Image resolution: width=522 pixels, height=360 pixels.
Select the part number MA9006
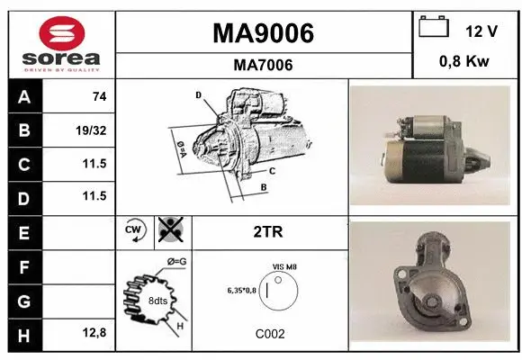pos(263,33)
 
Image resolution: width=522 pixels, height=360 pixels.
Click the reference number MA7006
pos(263,65)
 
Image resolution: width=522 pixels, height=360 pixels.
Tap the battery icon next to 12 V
pos(434,27)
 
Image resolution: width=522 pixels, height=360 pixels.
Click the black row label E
pos(23,232)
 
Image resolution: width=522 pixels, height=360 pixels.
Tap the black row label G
pos(23,300)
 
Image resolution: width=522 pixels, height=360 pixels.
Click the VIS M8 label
pos(285,267)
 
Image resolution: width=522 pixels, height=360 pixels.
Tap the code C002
pos(270,334)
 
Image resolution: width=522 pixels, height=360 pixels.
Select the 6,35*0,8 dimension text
pos(242,290)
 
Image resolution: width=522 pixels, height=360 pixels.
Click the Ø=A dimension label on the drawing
pos(181,146)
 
